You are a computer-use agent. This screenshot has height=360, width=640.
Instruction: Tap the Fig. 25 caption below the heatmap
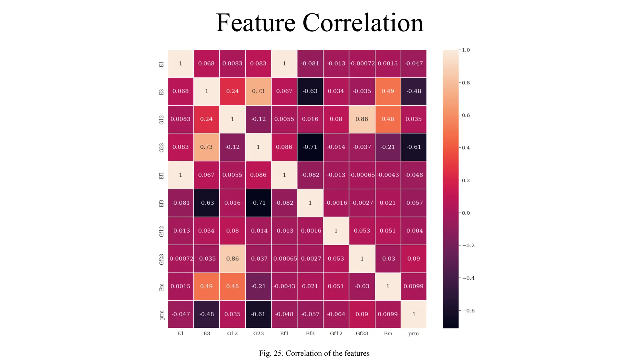tap(314, 353)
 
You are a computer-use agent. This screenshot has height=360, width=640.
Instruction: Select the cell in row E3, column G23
tap(258, 91)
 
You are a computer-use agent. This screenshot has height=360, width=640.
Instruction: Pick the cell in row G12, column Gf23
tap(362, 119)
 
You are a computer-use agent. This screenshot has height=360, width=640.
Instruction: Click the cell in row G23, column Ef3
tap(310, 147)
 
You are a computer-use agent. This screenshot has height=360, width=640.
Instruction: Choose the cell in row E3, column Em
tap(388, 91)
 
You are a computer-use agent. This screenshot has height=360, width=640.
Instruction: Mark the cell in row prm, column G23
tap(258, 314)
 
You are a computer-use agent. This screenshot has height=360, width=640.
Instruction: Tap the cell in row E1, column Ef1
tap(284, 63)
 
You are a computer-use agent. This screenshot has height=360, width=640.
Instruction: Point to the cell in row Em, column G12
tap(232, 286)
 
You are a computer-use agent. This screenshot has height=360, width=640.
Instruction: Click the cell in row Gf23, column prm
tap(414, 258)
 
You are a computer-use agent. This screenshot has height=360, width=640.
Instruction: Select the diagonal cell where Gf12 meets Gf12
tap(336, 231)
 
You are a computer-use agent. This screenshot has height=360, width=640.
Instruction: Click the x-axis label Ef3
tap(310, 333)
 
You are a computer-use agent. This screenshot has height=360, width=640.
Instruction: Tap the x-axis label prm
tap(413, 333)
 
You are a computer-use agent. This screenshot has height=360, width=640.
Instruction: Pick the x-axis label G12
tap(232, 333)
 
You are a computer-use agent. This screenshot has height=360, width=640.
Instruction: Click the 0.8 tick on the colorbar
tap(466, 83)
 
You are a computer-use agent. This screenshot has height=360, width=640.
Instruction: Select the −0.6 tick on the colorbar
tap(468, 311)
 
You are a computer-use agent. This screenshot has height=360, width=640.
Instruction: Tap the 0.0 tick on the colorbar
tap(466, 213)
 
